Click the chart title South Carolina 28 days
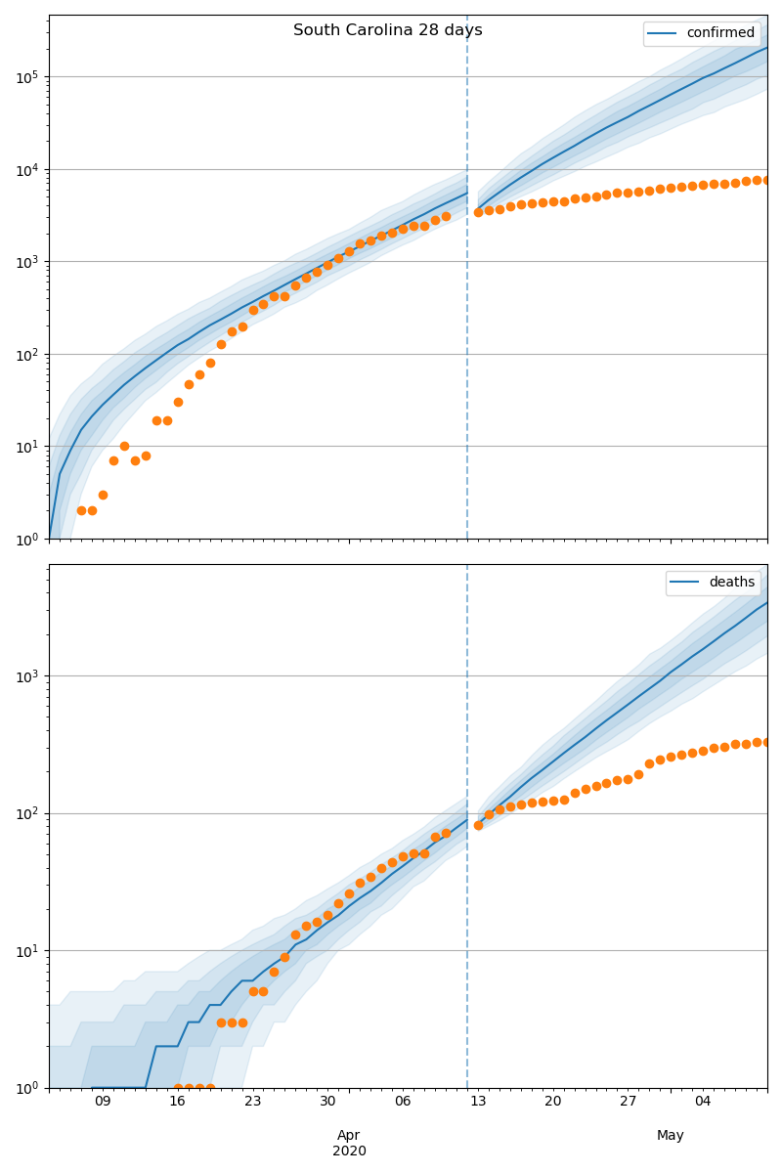tap(387, 30)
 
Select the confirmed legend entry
tap(719, 33)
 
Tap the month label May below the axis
tap(671, 1135)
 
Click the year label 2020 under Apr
tap(349, 1151)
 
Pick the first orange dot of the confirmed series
tap(81, 510)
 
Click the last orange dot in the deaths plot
tap(766, 742)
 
